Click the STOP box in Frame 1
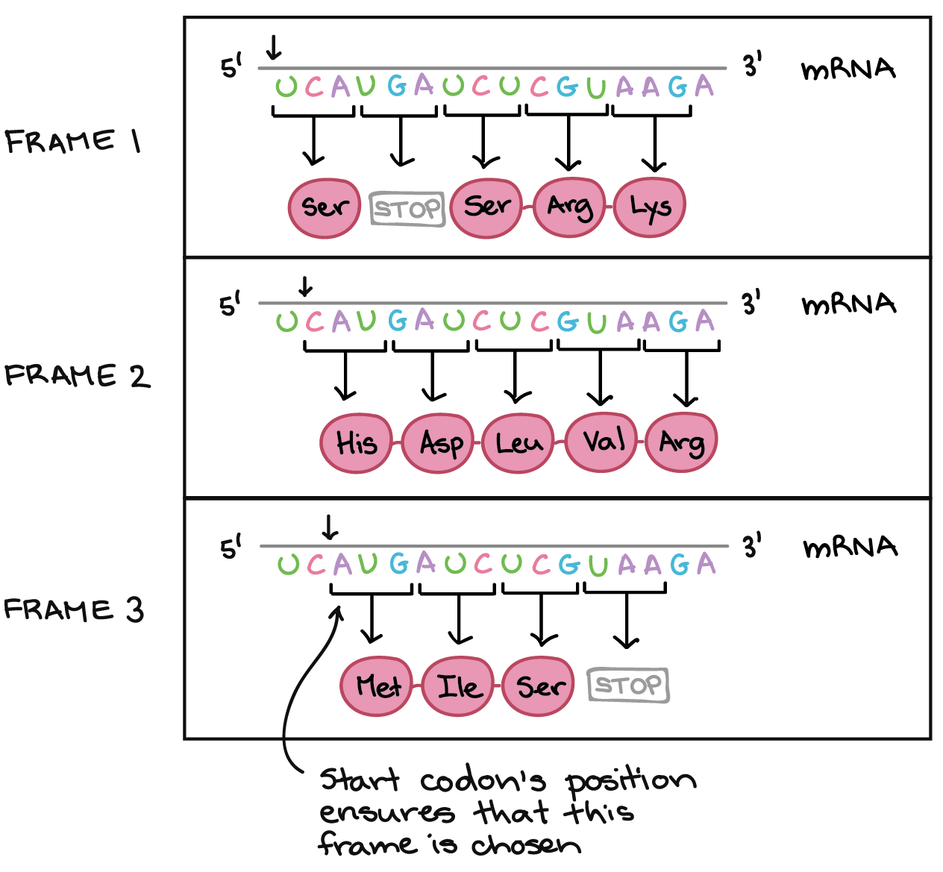click(407, 209)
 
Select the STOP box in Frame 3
click(628, 685)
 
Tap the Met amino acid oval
click(378, 686)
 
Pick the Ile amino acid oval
click(459, 686)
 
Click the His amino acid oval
click(357, 443)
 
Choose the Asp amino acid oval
click(440, 443)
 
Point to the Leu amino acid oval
click(519, 443)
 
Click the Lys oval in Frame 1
click(649, 207)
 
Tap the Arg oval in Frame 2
click(681, 442)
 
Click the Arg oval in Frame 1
click(570, 207)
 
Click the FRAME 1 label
click(73, 141)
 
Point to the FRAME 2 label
click(77, 376)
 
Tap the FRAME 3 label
click(74, 610)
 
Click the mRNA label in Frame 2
click(848, 304)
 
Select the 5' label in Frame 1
click(232, 68)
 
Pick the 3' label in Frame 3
click(752, 547)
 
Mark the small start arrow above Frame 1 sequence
click(274, 48)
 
